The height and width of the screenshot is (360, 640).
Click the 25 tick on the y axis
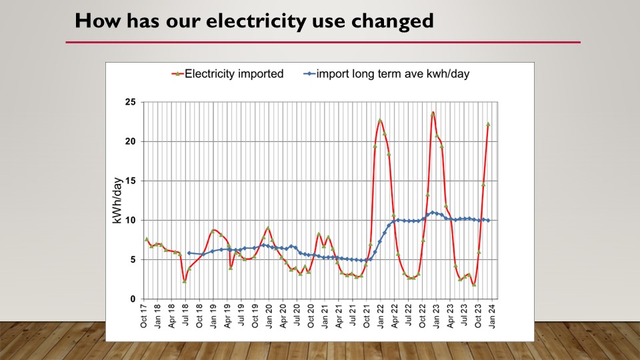(130, 102)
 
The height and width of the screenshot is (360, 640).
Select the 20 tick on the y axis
(130, 141)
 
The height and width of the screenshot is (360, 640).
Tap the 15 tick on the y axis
(130, 181)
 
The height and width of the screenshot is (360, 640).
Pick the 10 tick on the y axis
(130, 220)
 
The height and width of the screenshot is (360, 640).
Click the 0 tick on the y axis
(133, 299)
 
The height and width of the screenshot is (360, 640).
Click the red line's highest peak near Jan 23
(433, 113)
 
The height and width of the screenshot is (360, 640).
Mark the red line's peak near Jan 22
(380, 121)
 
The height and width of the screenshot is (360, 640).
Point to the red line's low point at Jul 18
(185, 281)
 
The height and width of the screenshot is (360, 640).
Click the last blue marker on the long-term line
(489, 220)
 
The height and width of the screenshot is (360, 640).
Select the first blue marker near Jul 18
(189, 253)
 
